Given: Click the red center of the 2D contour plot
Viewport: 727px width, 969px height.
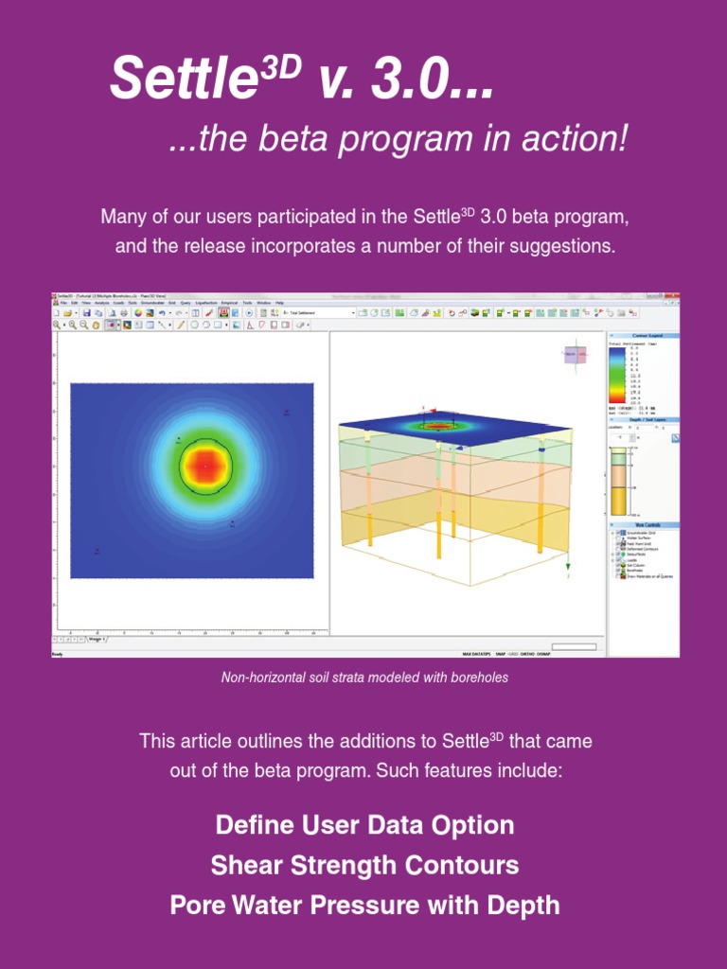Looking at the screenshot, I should click(205, 466).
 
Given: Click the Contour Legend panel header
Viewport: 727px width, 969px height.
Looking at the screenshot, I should click(643, 336).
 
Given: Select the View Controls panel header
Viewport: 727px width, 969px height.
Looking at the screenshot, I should click(643, 524).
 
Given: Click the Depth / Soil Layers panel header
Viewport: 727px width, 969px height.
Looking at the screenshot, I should click(643, 419).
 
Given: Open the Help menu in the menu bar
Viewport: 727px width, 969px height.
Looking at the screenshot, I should click(279, 303).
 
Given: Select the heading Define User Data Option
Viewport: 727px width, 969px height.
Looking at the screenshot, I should click(364, 824).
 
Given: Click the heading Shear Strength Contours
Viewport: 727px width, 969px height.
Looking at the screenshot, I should click(364, 865).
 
